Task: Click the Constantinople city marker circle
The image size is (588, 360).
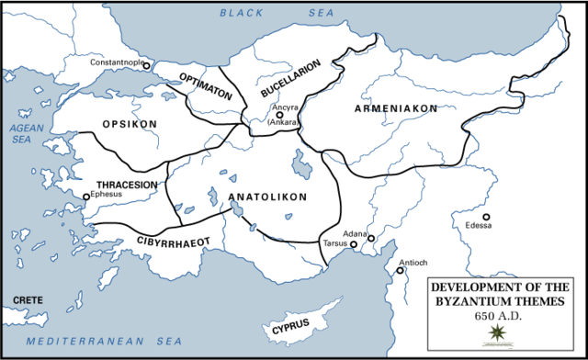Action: [146, 66]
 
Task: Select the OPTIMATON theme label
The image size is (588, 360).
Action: [205, 81]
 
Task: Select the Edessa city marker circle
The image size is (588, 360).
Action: [487, 217]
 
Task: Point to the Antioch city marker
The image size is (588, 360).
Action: [401, 270]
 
